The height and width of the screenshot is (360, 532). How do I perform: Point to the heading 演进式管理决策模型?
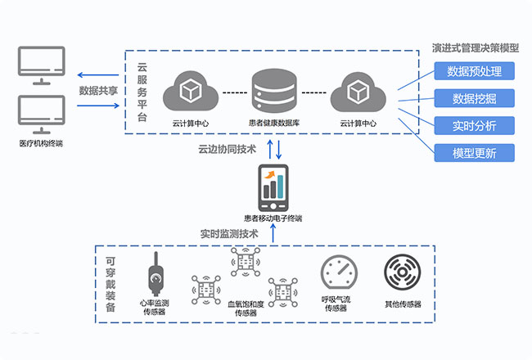click(475, 47)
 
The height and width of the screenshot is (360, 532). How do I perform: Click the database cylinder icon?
click(274, 89)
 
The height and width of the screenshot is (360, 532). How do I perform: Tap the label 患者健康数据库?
click(274, 124)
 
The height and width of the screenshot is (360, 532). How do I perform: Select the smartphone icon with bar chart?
click(273, 189)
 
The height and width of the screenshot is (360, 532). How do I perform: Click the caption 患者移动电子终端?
click(273, 218)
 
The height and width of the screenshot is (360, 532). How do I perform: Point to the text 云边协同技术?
click(227, 150)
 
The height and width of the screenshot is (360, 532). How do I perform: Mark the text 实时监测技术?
click(229, 233)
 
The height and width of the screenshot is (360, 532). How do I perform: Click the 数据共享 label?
click(96, 91)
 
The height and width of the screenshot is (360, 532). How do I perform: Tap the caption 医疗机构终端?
click(41, 144)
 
